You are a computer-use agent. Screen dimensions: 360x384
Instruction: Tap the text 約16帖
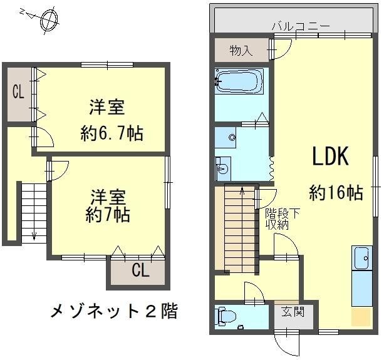(336, 193)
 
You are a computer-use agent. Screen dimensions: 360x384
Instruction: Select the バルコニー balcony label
(301, 26)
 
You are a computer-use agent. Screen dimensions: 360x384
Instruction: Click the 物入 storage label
(241, 50)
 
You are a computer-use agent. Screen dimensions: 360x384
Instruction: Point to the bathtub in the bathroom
(239, 80)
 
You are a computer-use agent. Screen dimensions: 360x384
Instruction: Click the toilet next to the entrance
(223, 317)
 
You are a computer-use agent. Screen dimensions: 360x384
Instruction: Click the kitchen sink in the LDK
(361, 257)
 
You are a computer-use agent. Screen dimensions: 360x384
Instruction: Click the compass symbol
(46, 19)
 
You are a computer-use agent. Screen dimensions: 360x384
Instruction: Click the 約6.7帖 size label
(112, 133)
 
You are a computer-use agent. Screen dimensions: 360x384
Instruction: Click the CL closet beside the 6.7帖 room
(18, 92)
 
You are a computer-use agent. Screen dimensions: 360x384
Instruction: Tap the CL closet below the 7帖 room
(140, 271)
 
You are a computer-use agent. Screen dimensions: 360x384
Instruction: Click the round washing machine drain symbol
(232, 137)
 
